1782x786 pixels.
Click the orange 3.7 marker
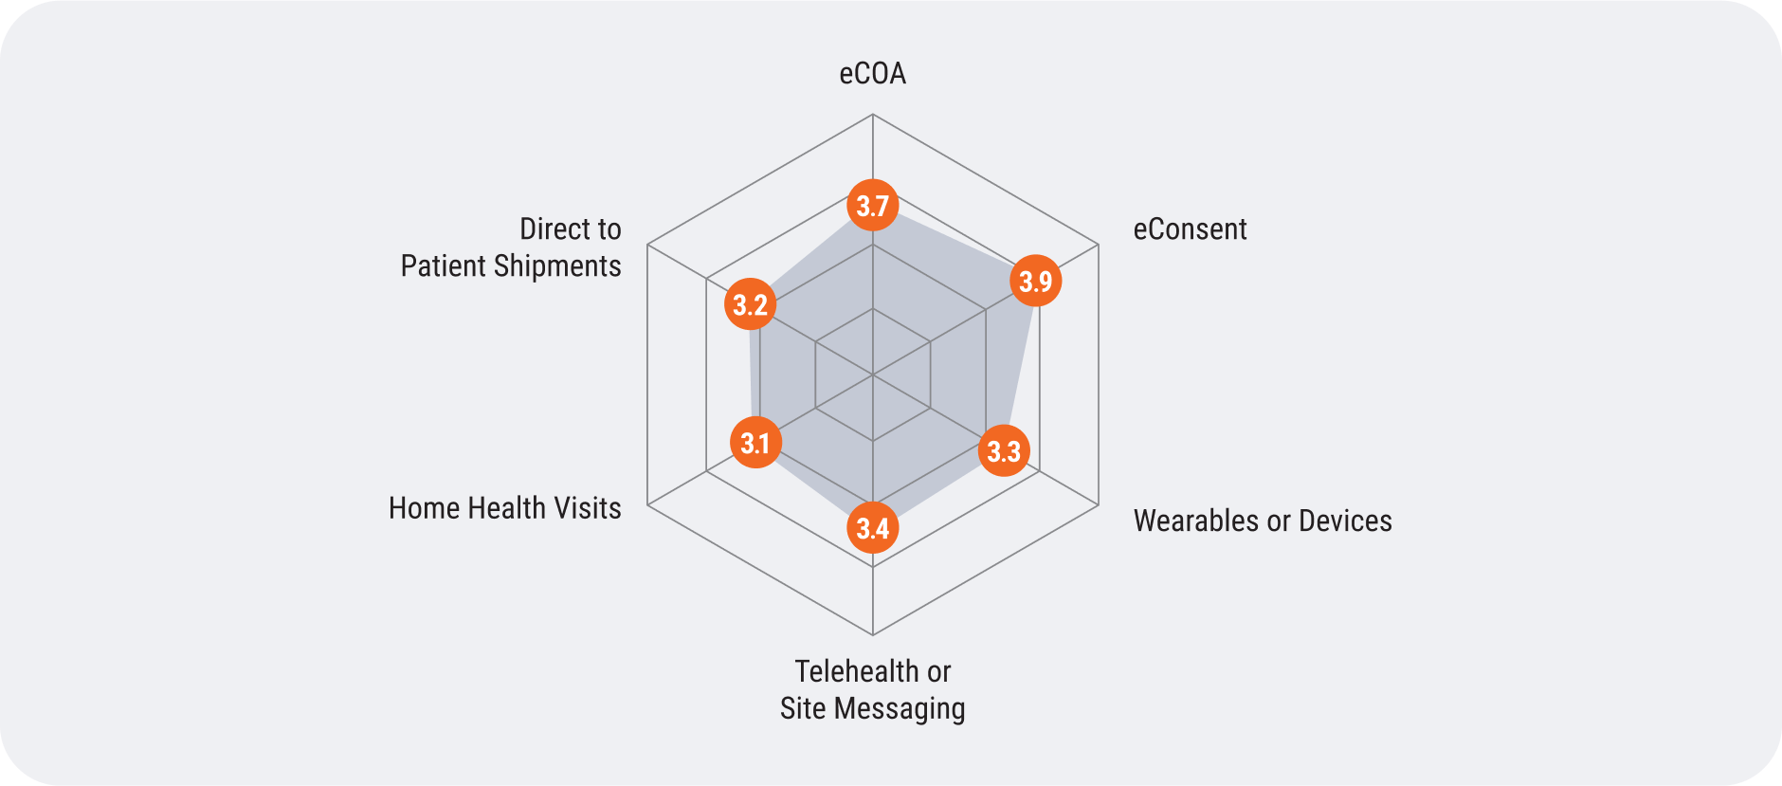tap(872, 205)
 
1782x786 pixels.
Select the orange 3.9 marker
tap(1035, 281)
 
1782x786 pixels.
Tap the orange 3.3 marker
tap(1004, 450)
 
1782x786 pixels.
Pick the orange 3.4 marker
tap(872, 528)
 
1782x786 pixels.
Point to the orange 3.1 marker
tap(755, 443)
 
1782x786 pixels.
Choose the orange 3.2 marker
tap(750, 304)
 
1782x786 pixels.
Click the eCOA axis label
tap(872, 74)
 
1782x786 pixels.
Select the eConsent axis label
tap(1190, 229)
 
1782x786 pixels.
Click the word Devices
tap(1345, 521)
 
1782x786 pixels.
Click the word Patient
tap(443, 266)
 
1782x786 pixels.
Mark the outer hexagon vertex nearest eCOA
tap(872, 115)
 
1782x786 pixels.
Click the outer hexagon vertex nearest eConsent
tap(1098, 246)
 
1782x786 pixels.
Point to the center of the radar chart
tap(872, 375)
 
